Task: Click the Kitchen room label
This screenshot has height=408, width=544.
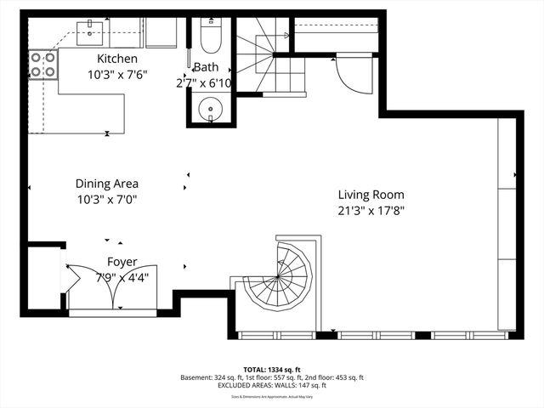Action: [116, 59]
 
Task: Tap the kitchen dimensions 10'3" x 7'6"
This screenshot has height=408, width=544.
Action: [116, 74]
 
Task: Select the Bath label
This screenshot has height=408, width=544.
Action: [206, 67]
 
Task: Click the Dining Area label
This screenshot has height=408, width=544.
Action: [106, 184]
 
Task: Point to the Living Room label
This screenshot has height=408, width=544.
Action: [371, 194]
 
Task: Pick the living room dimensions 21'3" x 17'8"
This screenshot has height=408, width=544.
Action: [371, 210]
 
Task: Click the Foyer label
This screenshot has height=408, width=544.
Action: [122, 262]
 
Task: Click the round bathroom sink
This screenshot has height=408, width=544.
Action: [209, 108]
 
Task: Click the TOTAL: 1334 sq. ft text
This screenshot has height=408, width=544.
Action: [272, 369]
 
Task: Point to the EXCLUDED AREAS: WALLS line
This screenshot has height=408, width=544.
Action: [272, 385]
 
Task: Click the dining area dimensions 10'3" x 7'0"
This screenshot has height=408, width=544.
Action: [106, 200]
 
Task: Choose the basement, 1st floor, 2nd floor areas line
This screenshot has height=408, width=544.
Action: [272, 377]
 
